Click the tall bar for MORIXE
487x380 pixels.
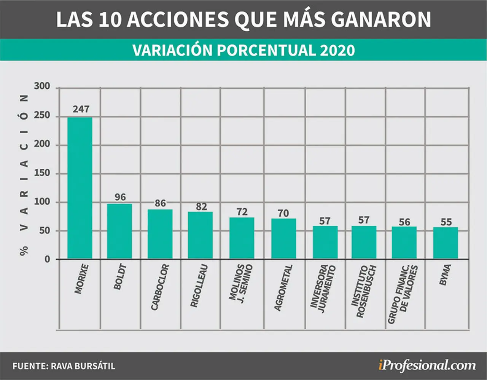(80, 188)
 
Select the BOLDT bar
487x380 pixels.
(119, 232)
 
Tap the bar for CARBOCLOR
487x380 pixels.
(160, 234)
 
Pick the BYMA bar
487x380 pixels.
(446, 243)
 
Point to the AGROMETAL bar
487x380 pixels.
(283, 239)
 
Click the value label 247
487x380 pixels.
(81, 109)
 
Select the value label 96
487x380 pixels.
(120, 197)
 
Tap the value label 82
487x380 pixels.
(201, 206)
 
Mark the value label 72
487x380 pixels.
(242, 212)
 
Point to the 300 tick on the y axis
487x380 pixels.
(42, 86)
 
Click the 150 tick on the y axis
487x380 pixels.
(42, 173)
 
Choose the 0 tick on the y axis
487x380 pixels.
(47, 259)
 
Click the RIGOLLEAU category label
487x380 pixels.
(199, 286)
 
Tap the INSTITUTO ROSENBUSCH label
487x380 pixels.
(363, 291)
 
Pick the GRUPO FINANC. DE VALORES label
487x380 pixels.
(403, 294)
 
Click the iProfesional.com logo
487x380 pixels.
(427, 366)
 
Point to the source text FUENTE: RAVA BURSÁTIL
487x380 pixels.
(64, 366)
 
